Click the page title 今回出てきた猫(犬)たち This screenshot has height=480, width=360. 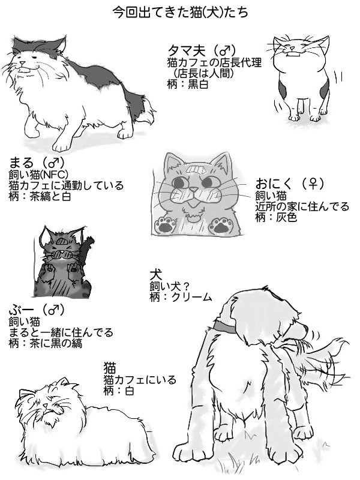coord(181,12)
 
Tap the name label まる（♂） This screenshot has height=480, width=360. coord(37,162)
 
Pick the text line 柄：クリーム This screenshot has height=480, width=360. coord(181,297)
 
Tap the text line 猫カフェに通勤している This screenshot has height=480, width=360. coord(66,185)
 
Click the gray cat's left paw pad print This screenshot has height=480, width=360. coord(164,225)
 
